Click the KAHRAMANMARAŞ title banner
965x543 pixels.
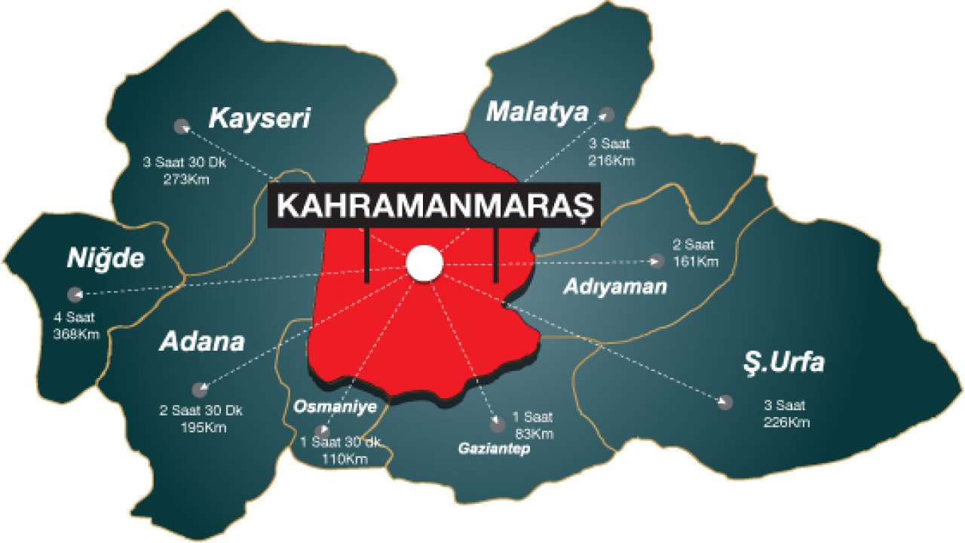coord(434,206)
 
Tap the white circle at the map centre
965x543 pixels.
coord(424,263)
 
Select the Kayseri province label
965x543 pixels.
coord(260,118)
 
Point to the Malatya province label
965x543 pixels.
coord(537,112)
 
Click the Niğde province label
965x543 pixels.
coord(105,259)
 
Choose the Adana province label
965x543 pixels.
coord(202,342)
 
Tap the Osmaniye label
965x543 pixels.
coord(335,406)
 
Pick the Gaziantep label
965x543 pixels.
coord(494,449)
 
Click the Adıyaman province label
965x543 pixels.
coord(615,287)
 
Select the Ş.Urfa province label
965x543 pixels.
coord(783,364)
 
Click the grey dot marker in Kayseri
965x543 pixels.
coord(180,126)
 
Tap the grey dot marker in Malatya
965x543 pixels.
coord(606,115)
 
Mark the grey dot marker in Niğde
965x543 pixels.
coord(74,294)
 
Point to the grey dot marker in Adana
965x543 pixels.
coord(200,389)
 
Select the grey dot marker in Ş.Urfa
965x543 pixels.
coord(725,402)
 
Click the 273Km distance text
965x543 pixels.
coord(185,179)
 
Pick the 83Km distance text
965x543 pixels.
coord(533,434)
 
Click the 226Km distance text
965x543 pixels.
coord(786,422)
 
